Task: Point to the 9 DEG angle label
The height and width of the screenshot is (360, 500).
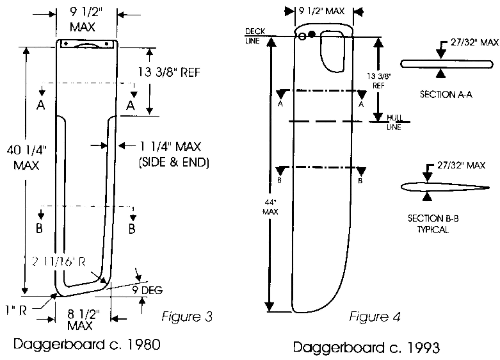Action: (147, 290)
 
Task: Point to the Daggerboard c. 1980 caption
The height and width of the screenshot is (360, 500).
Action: (86, 344)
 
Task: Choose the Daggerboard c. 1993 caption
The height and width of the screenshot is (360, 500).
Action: (366, 348)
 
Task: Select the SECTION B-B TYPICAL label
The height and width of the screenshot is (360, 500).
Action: (433, 223)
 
